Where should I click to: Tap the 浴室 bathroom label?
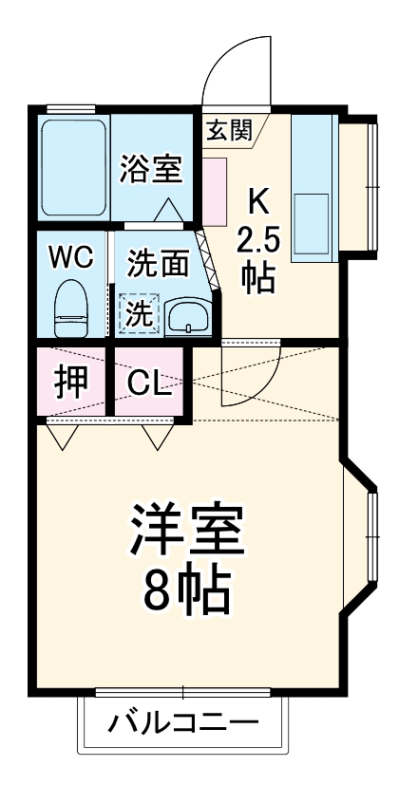pos(150,170)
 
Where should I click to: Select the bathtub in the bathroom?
pos(72,167)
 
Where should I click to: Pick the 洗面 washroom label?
pos(158,263)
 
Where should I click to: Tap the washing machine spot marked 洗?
pos(140,314)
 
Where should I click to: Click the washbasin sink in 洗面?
pos(188,317)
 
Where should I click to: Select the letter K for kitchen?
pos(257,200)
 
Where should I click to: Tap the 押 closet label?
pos(71,381)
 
